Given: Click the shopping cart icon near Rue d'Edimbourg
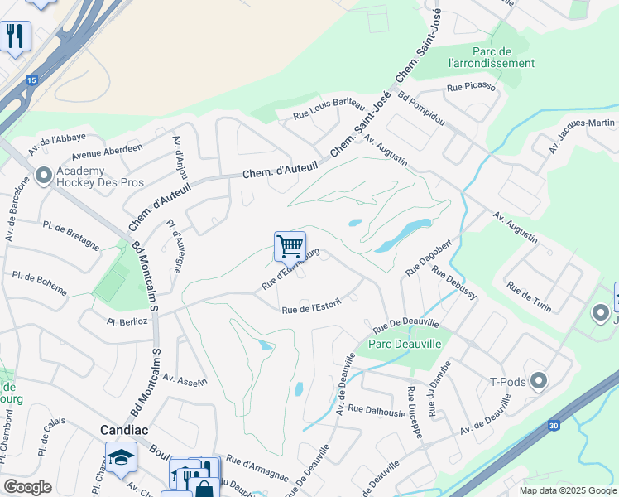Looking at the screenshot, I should pyautogui.click(x=290, y=246).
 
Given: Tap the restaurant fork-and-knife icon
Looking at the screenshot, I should pyautogui.click(x=15, y=36).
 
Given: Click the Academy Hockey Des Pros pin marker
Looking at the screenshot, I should pyautogui.click(x=44, y=176).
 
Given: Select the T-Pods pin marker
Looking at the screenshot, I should pyautogui.click(x=540, y=381).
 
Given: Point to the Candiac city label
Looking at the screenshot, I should pyautogui.click(x=124, y=430).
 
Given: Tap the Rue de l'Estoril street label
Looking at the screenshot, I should pyautogui.click(x=313, y=310).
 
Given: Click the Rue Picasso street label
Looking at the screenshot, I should pyautogui.click(x=471, y=86).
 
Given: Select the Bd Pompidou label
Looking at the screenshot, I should pyautogui.click(x=421, y=109).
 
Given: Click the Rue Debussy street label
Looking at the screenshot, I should pyautogui.click(x=453, y=285).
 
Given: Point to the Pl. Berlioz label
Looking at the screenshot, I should pyautogui.click(x=127, y=320).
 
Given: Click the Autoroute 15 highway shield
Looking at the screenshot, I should pyautogui.click(x=31, y=80).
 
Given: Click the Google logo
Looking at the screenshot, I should pyautogui.click(x=27, y=487).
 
